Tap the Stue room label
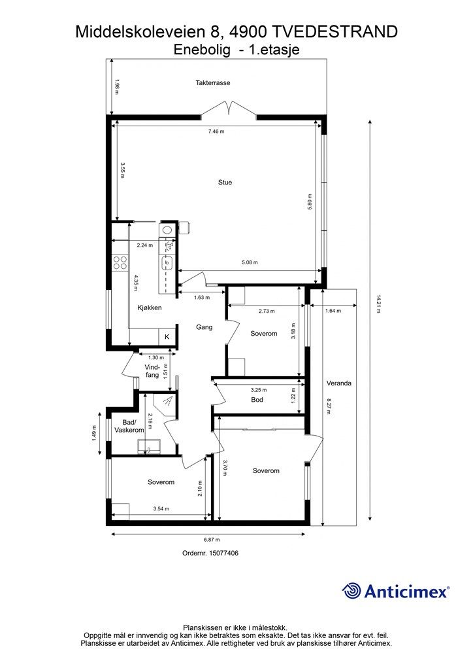225,183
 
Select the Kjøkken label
149,308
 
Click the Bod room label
257,399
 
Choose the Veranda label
340,383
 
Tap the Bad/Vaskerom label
129,426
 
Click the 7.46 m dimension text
216,132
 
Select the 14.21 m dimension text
377,304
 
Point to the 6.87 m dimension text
211,540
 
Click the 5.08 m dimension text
250,262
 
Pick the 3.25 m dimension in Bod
259,390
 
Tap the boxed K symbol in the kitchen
167,336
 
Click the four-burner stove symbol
120,263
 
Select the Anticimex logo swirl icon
352,591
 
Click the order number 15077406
223,553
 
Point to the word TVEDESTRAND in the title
334,31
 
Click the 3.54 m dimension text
161,508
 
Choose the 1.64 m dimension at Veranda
333,311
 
